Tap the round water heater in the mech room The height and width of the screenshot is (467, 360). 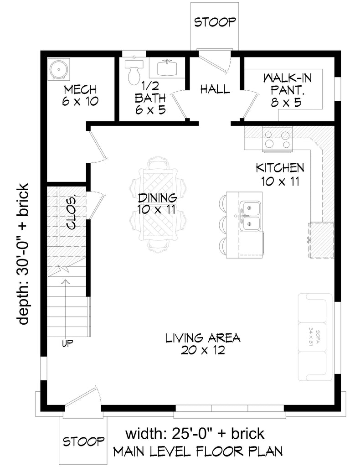coord(59,69)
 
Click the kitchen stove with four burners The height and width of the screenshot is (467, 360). coord(277,139)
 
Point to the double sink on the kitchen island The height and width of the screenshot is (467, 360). coord(250,216)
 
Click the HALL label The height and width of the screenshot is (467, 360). coord(215,89)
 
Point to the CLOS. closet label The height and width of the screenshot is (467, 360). coord(72,213)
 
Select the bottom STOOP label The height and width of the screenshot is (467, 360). coord(82,441)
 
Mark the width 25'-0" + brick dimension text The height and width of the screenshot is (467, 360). coord(195,432)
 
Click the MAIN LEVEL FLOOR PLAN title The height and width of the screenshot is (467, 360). coord(197,451)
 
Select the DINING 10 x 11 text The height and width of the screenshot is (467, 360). coord(157,203)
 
